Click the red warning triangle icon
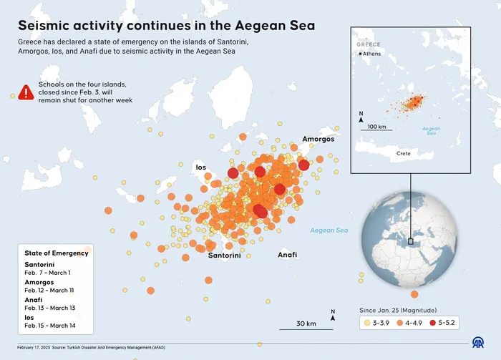(26, 92)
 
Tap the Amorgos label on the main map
(318, 139)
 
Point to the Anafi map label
(287, 255)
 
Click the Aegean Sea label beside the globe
(329, 230)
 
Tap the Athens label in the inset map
(372, 54)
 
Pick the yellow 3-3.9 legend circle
(367, 323)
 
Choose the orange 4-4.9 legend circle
(397, 323)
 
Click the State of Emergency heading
(56, 253)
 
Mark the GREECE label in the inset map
(368, 44)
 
